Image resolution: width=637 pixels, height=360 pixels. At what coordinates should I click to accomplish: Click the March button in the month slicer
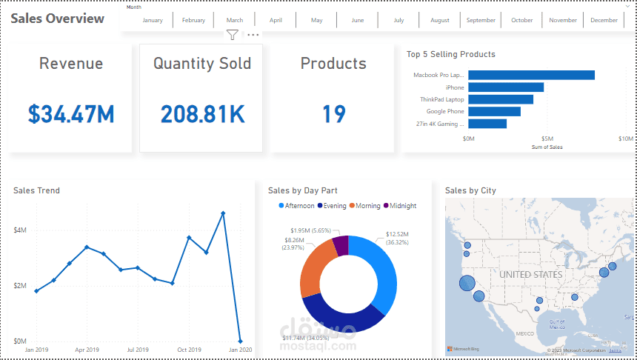click(235, 20)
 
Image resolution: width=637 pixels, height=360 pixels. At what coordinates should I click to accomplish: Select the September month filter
click(481, 20)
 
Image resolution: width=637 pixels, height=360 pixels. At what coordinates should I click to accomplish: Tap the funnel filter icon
click(233, 35)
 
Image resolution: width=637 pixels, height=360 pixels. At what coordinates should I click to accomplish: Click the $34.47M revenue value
click(71, 113)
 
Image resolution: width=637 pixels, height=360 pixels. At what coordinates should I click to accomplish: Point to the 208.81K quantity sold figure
click(202, 113)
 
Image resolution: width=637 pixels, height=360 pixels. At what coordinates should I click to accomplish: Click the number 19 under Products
click(333, 113)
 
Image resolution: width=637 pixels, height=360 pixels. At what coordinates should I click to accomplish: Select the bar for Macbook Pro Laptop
click(531, 75)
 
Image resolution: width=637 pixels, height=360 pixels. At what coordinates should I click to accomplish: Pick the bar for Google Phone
click(494, 112)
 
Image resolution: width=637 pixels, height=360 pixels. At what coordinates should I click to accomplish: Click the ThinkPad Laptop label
click(441, 99)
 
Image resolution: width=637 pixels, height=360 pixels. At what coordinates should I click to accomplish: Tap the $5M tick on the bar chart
click(547, 139)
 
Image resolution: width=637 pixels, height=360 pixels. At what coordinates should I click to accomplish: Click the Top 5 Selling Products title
click(450, 54)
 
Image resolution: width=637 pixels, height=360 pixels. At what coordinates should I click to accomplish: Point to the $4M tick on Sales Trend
click(20, 230)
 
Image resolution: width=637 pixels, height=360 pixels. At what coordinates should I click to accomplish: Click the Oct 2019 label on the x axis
click(189, 350)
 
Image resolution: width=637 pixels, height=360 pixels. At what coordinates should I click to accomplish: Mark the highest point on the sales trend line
click(223, 213)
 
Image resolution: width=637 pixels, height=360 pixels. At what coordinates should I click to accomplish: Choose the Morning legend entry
click(367, 205)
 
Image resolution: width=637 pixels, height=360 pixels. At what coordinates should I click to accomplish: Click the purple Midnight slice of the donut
click(341, 245)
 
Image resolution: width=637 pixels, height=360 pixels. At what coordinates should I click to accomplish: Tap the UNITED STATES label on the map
click(531, 275)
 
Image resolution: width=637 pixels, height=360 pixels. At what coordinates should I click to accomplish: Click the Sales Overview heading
click(57, 19)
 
